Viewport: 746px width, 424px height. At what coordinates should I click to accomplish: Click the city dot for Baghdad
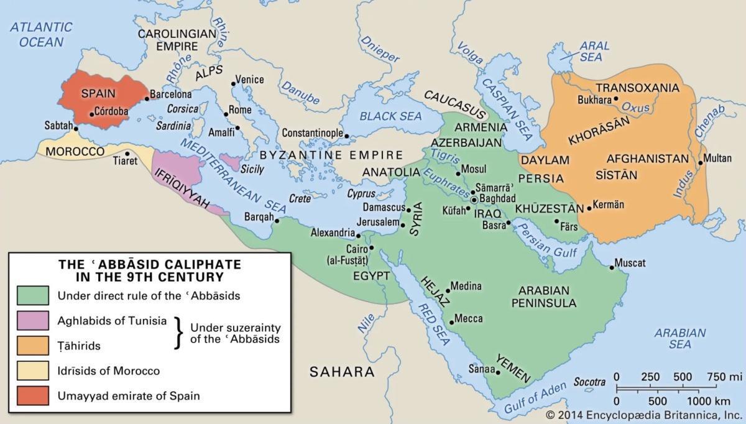(x=474, y=200)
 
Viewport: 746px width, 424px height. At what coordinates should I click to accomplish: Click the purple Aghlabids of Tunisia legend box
(x=32, y=321)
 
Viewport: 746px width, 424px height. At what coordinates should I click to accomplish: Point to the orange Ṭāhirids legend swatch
(x=32, y=345)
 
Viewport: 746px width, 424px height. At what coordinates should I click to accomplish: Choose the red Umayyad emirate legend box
(x=32, y=395)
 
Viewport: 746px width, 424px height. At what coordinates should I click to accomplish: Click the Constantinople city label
(x=312, y=133)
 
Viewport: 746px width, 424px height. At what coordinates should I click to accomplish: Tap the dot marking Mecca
(x=451, y=322)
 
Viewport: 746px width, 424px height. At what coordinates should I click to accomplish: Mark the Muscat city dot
(x=612, y=267)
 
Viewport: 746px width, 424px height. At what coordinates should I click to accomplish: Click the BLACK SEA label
(x=390, y=116)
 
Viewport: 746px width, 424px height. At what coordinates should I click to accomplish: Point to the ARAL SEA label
(x=591, y=51)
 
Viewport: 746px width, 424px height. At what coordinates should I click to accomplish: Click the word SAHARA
(x=343, y=372)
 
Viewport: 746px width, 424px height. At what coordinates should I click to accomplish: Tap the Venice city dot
(x=233, y=82)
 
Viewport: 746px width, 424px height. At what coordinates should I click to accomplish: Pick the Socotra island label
(x=590, y=382)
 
